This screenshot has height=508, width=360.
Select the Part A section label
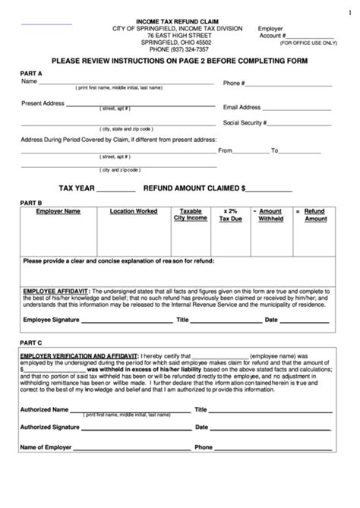click(x=31, y=73)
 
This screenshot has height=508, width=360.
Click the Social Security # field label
click(x=247, y=123)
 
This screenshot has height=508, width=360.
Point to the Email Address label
click(x=242, y=108)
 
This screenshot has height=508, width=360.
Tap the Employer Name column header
click(x=58, y=210)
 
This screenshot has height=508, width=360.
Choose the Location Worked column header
click(x=134, y=210)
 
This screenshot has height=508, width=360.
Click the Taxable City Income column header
click(x=190, y=214)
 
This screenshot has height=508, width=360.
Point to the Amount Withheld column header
click(x=271, y=214)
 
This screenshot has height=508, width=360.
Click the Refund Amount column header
click(x=314, y=214)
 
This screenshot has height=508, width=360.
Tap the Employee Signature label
click(x=50, y=320)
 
